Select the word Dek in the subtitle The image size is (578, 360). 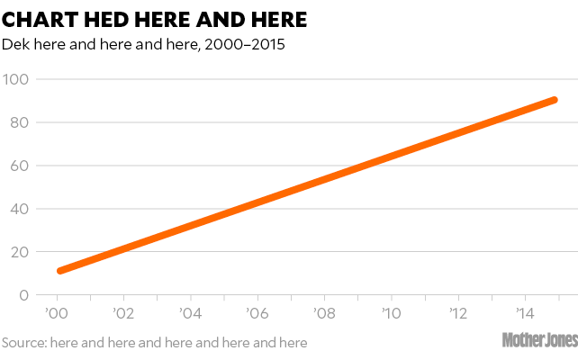[x=15, y=44]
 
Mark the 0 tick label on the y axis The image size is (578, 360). [x=23, y=295]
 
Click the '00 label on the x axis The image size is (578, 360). [x=56, y=314]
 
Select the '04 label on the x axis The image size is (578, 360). [x=190, y=314]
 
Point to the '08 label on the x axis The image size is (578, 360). [x=324, y=314]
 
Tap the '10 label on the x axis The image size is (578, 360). [x=391, y=314]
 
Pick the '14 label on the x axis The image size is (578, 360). [x=525, y=314]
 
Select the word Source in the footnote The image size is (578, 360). [x=23, y=342]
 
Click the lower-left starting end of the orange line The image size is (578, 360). [x=60, y=270]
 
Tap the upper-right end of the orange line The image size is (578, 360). [x=554, y=100]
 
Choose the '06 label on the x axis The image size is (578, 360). [x=257, y=314]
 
